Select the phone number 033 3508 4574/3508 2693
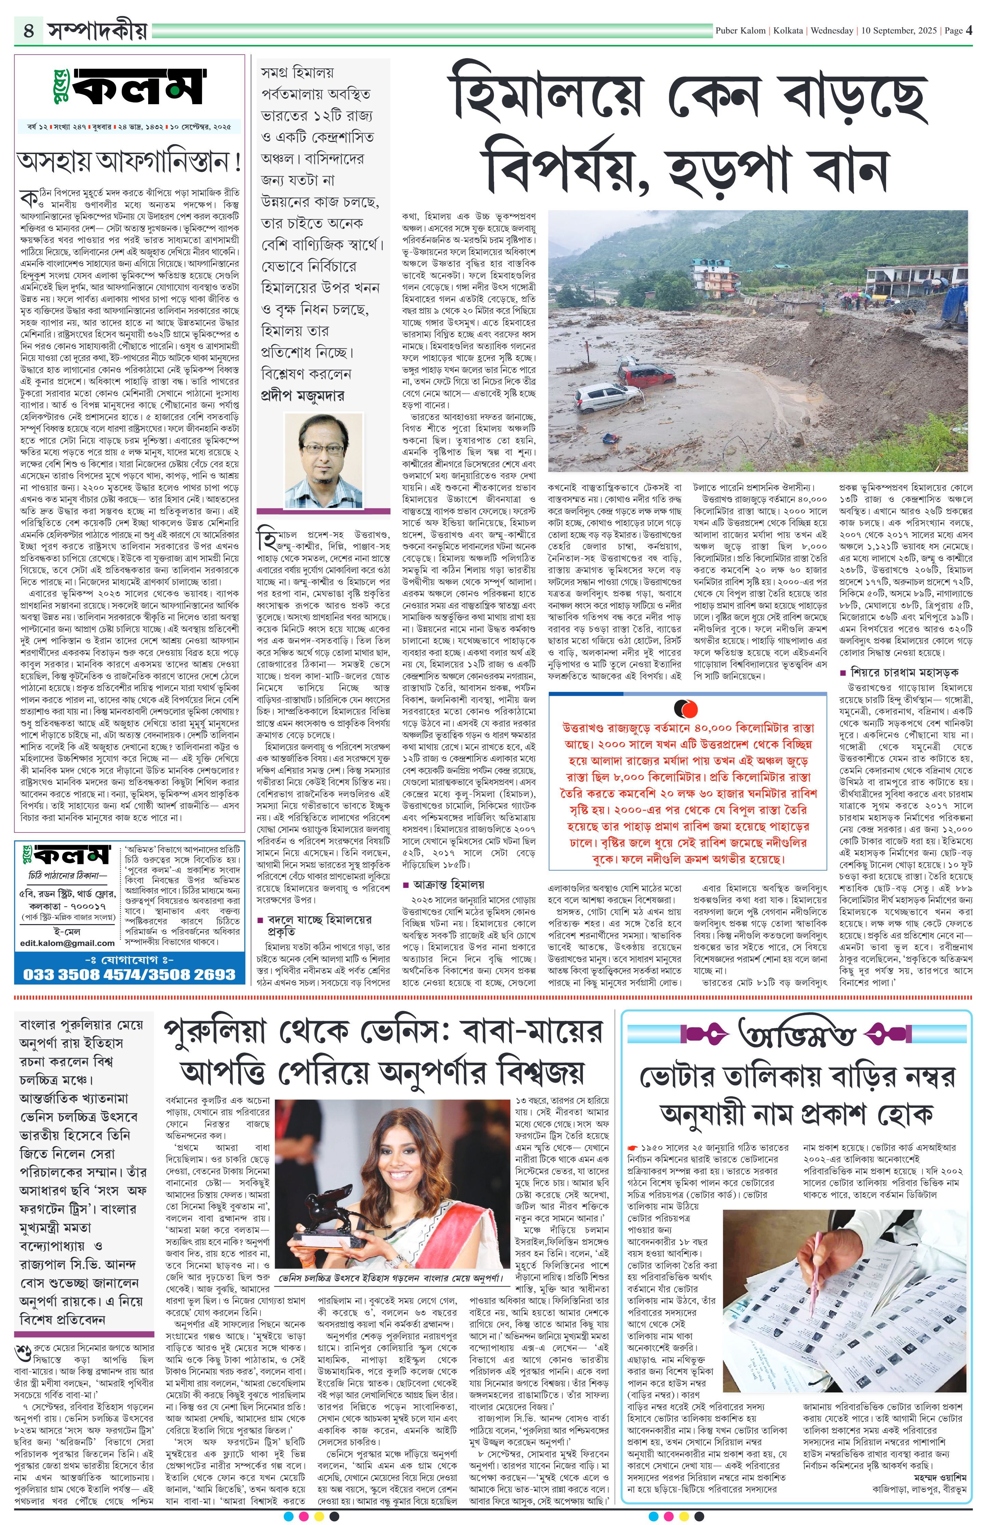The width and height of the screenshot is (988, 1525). click(129, 974)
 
